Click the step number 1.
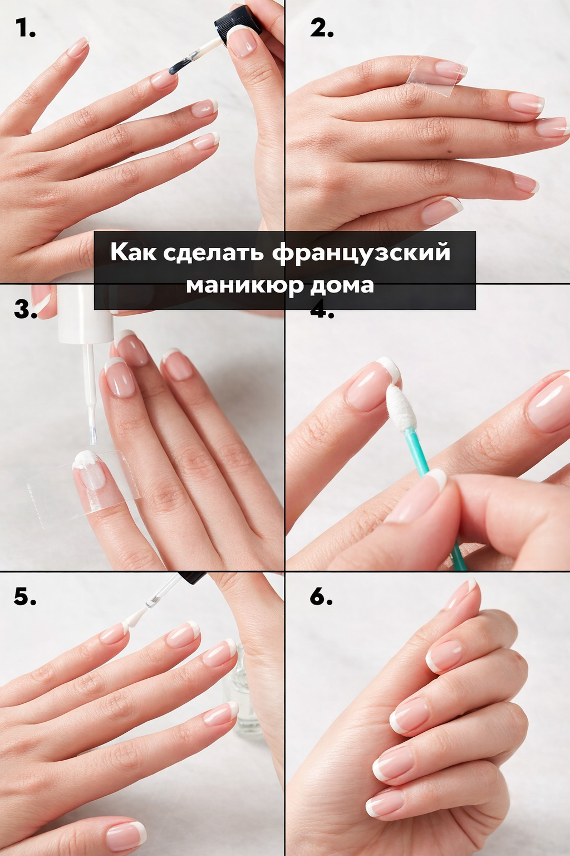pyautogui.click(x=25, y=28)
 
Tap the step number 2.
pyautogui.click(x=322, y=28)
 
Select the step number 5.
pyautogui.click(x=25, y=596)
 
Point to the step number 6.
pyautogui.click(x=321, y=596)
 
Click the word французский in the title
pyautogui.click(x=361, y=253)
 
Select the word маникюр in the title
pyautogui.click(x=245, y=285)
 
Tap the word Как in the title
pyautogui.click(x=134, y=252)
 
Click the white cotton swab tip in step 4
pyautogui.click(x=400, y=405)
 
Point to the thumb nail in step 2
pyautogui.click(x=443, y=210)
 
